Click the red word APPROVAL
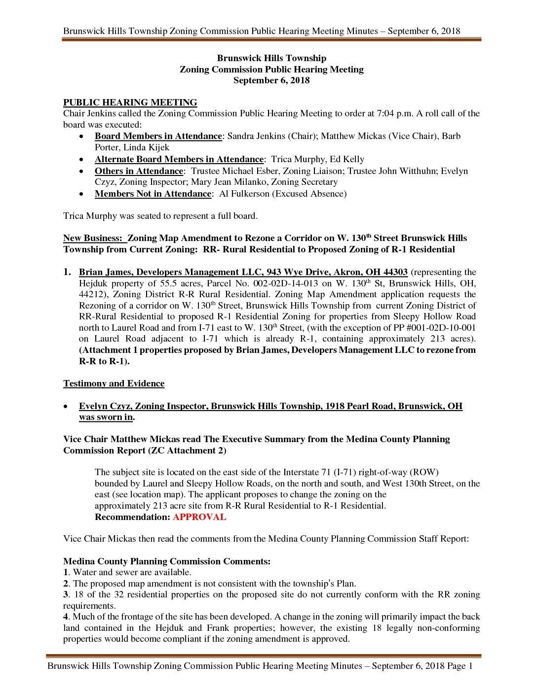pyautogui.click(x=199, y=517)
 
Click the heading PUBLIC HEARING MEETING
pyautogui.click(x=130, y=103)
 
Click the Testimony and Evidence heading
pyautogui.click(x=114, y=383)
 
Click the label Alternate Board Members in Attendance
pyautogui.click(x=179, y=159)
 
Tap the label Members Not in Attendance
pyautogui.click(x=153, y=194)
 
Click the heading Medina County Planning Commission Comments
pyautogui.click(x=167, y=561)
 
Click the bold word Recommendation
pyautogui.click(x=132, y=517)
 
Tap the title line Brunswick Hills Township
pyautogui.click(x=271, y=58)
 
